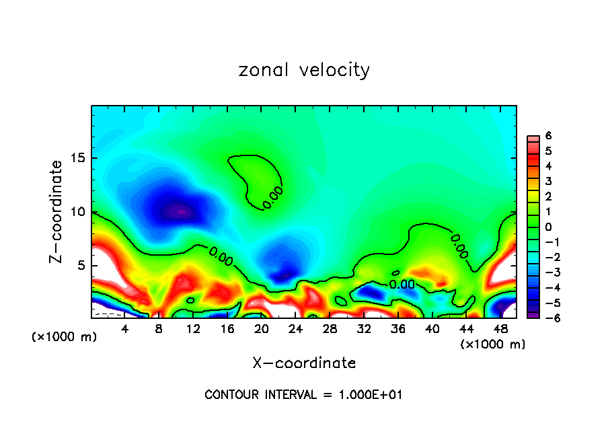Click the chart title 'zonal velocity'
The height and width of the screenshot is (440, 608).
coord(304,70)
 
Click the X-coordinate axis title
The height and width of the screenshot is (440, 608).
coord(304,363)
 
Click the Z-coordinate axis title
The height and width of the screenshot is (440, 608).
coord(57,211)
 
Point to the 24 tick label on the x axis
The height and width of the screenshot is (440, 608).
coord(295,330)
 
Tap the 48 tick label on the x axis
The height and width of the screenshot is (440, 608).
coord(500,330)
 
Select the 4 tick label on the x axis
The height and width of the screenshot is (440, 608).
coord(125,330)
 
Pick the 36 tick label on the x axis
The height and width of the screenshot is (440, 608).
coord(397,330)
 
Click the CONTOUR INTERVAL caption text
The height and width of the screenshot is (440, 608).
coord(303,395)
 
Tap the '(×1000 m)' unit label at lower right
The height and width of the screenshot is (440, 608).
coord(493,344)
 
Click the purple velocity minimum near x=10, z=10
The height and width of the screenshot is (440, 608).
coord(178,211)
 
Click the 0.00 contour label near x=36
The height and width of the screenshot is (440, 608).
coord(402,285)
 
